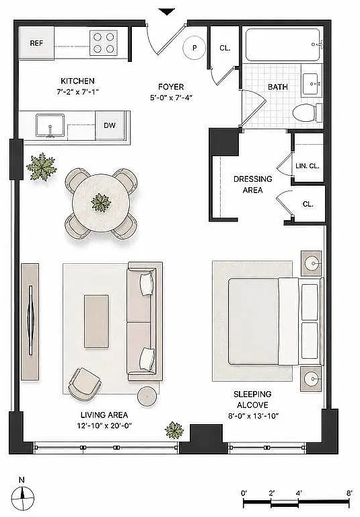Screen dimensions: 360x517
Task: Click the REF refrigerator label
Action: click(x=36, y=43)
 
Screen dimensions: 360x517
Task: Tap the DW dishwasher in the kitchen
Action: click(x=110, y=125)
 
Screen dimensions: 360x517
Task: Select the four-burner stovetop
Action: click(x=104, y=42)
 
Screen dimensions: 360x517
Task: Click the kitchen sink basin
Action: click(x=50, y=125)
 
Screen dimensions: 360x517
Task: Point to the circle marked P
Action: click(x=194, y=48)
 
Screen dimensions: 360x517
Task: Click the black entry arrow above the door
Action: click(x=167, y=12)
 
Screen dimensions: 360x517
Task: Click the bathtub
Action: click(x=283, y=44)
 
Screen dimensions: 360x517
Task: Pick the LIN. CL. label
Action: click(x=308, y=166)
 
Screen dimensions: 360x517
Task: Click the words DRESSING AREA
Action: click(x=253, y=184)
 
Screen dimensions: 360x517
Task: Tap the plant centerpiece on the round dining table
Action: click(x=101, y=203)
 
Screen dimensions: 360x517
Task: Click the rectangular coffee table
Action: click(x=96, y=321)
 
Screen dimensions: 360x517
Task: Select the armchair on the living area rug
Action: click(x=84, y=384)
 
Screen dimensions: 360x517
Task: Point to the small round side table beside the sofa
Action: click(x=148, y=396)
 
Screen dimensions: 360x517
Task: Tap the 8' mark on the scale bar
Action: click(x=349, y=493)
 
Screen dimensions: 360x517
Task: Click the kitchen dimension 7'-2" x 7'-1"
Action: click(x=78, y=92)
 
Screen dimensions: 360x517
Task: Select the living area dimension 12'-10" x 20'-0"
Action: click(x=104, y=425)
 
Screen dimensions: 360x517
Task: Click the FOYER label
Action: click(x=171, y=87)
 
